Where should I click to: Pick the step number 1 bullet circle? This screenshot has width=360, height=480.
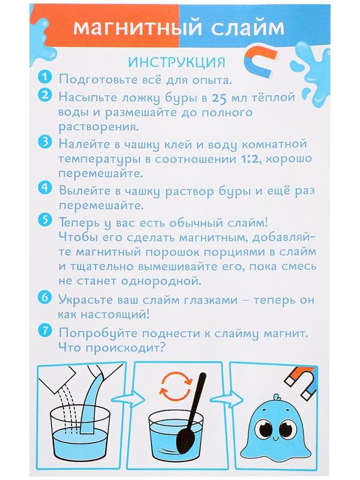pos(45,79)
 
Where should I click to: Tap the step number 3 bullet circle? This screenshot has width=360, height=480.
pos(45,143)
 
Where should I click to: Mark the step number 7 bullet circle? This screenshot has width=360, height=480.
pos(45,331)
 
